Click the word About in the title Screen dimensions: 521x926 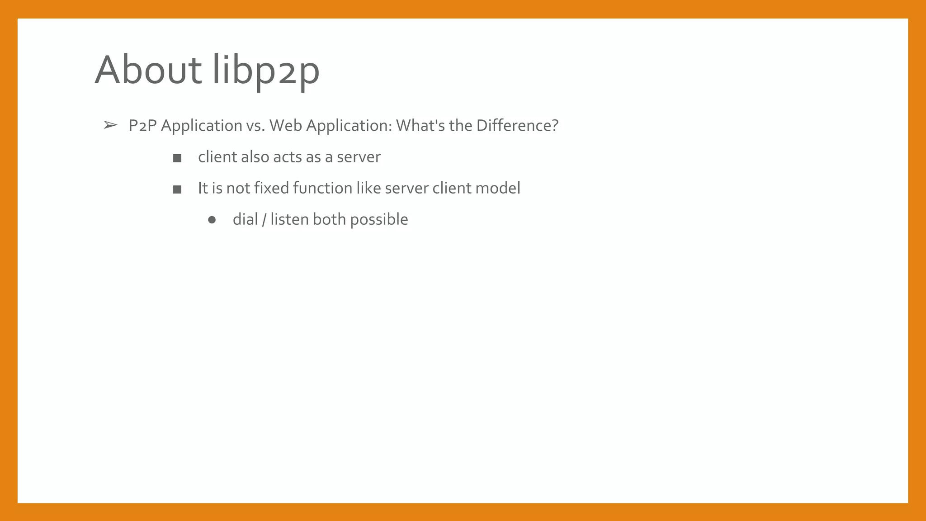pyautogui.click(x=148, y=70)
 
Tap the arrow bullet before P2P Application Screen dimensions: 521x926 pyautogui.click(x=110, y=125)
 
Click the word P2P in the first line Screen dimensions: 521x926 pyautogui.click(x=142, y=125)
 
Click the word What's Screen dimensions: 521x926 pyautogui.click(x=420, y=125)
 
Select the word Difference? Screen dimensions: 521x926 pyautogui.click(x=517, y=125)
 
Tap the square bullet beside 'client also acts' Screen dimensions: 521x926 pyautogui.click(x=177, y=158)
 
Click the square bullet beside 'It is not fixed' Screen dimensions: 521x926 pyautogui.click(x=177, y=189)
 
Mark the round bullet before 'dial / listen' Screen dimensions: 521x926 pyautogui.click(x=212, y=220)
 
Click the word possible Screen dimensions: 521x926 pyautogui.click(x=379, y=220)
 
